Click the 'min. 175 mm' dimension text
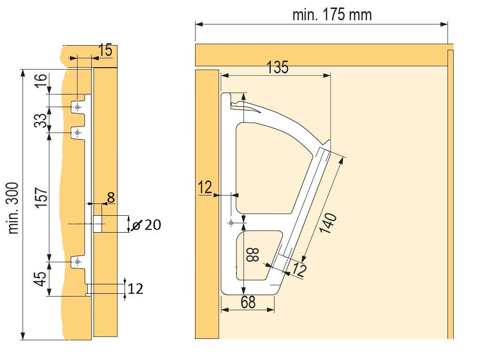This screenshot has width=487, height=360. [x=332, y=15]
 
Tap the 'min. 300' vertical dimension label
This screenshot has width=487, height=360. [x=13, y=208]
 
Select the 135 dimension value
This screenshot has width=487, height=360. [x=278, y=67]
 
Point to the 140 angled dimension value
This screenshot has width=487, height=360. [x=328, y=223]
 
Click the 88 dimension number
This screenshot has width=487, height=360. [x=253, y=254]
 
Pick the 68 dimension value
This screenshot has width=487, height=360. [x=248, y=302]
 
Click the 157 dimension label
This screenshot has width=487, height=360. [x=42, y=197]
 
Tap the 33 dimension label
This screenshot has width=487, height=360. [x=41, y=120]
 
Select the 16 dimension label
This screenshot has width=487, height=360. [x=41, y=80]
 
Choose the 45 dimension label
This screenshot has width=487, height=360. [x=41, y=279]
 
